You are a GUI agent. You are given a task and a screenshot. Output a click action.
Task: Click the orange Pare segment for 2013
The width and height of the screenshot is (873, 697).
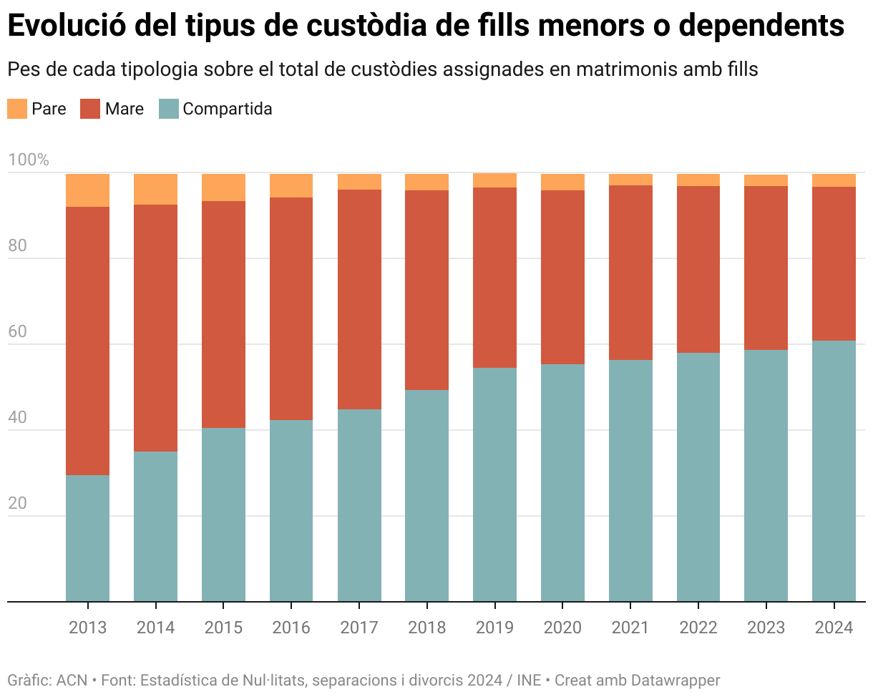(87, 190)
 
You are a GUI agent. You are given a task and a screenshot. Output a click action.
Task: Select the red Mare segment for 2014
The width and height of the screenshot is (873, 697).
(155, 328)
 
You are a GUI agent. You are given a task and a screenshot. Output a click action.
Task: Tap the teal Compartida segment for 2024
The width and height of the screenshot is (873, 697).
(834, 471)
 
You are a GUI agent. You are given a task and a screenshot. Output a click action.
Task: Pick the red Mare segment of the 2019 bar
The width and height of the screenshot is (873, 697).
(494, 278)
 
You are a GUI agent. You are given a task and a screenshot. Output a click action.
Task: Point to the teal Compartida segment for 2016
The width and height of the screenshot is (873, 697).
(291, 510)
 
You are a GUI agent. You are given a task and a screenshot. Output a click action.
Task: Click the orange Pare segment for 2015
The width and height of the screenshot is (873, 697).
(223, 187)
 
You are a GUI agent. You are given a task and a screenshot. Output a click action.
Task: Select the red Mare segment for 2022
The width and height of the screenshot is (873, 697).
(698, 269)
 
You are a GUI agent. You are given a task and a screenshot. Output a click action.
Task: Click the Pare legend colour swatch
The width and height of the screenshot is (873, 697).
(17, 109)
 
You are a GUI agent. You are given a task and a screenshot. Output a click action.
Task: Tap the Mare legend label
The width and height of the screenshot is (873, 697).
(124, 109)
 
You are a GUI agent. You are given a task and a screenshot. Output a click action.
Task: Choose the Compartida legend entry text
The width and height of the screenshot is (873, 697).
(227, 109)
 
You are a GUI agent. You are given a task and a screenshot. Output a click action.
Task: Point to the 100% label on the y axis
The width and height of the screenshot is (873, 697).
(29, 160)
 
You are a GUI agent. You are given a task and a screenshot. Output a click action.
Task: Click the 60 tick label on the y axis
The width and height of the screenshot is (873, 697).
(17, 332)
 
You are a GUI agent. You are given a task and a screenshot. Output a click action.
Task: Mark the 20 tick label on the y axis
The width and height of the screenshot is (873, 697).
(17, 504)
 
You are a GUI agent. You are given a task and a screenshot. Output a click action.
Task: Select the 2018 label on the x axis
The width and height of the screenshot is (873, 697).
(426, 628)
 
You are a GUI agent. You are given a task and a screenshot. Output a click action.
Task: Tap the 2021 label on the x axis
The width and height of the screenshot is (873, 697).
(630, 628)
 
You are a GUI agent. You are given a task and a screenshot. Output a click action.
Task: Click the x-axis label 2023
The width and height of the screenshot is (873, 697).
(766, 628)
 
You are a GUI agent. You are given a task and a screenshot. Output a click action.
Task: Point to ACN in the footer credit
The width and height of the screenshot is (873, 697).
(72, 680)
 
